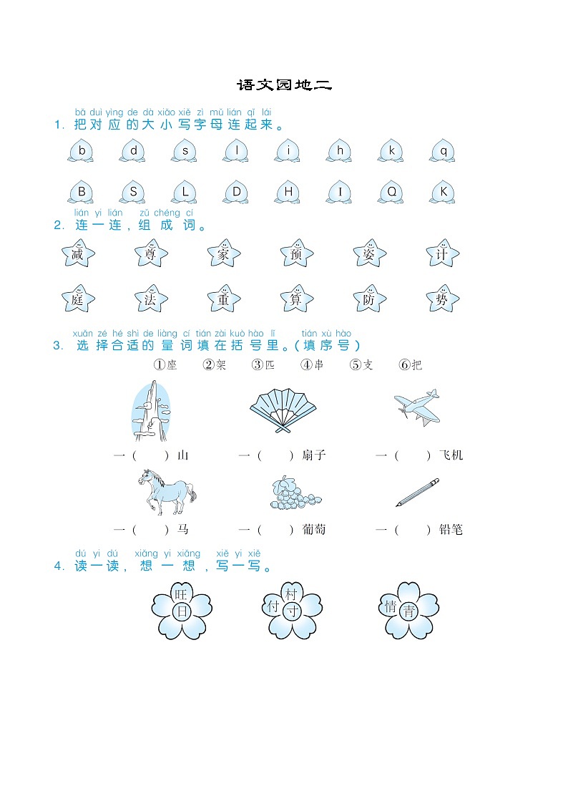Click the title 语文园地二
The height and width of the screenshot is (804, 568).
[x=284, y=84]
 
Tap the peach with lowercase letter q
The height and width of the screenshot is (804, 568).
[x=443, y=151]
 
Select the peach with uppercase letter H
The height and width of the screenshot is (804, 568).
[x=288, y=193]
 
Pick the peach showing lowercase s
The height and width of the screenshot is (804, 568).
[x=185, y=151]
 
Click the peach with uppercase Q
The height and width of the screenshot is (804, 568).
[x=391, y=193]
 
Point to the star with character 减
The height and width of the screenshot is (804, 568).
[x=78, y=253]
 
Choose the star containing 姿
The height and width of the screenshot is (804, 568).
[x=369, y=253]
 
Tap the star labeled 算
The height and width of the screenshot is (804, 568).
[x=297, y=299]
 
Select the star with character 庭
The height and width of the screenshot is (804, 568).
[x=78, y=299]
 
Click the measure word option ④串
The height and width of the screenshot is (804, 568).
[x=312, y=364]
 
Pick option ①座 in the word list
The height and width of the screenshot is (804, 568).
[x=165, y=364]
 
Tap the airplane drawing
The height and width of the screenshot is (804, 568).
[x=418, y=407]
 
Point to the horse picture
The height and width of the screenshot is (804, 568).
[x=167, y=491]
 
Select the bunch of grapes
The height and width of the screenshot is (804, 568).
[x=294, y=493]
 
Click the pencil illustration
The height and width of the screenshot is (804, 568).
[x=418, y=493]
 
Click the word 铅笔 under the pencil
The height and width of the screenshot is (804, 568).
[x=451, y=530]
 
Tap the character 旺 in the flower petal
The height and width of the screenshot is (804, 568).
[x=181, y=594]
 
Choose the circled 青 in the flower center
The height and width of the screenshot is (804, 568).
[x=408, y=611]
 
